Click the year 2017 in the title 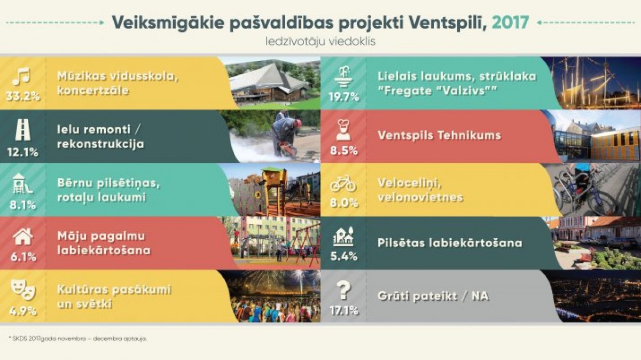click(x=510, y=22)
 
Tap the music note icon click(x=21, y=76)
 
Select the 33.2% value click(x=22, y=97)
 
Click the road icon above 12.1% click(x=22, y=130)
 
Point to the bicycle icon click(x=343, y=183)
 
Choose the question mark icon click(x=343, y=290)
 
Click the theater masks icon click(x=23, y=289)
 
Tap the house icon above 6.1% click(x=23, y=237)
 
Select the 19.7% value click(x=343, y=97)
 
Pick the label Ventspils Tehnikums click(x=439, y=135)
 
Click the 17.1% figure click(x=344, y=310)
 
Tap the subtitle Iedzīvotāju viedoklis click(x=320, y=42)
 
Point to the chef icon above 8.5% click(x=343, y=130)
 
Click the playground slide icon click(x=22, y=183)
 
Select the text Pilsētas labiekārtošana click(x=450, y=243)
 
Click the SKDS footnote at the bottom click(x=78, y=339)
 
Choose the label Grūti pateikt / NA click(x=433, y=296)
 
